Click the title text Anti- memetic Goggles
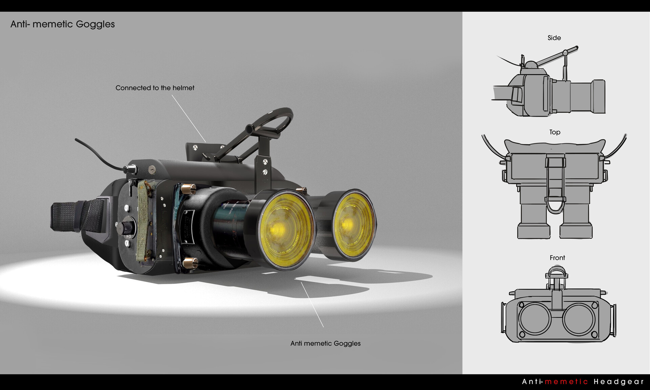tap(63, 24)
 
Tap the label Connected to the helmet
tap(155, 88)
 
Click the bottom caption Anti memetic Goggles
tap(325, 343)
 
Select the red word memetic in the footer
tap(566, 382)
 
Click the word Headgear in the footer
tap(619, 382)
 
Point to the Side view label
tap(554, 38)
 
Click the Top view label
tap(555, 132)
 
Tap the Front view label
tap(557, 258)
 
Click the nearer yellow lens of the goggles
tap(286, 230)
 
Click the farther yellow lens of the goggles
tap(354, 224)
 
